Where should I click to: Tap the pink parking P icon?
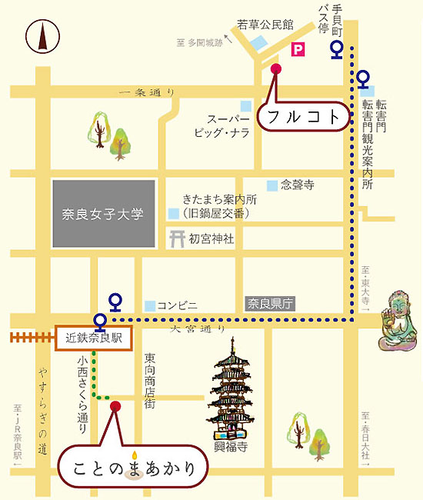[x=298, y=50]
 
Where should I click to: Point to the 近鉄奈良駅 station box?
[x=93, y=337]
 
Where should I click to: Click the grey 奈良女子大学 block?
[x=104, y=214]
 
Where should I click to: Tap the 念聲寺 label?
[x=297, y=185]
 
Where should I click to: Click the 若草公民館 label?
[x=265, y=25]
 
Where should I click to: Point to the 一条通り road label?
[x=146, y=92]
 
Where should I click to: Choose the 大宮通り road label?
[x=198, y=329]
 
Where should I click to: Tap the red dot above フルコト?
[x=277, y=69]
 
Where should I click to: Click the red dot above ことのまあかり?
[x=115, y=405]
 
